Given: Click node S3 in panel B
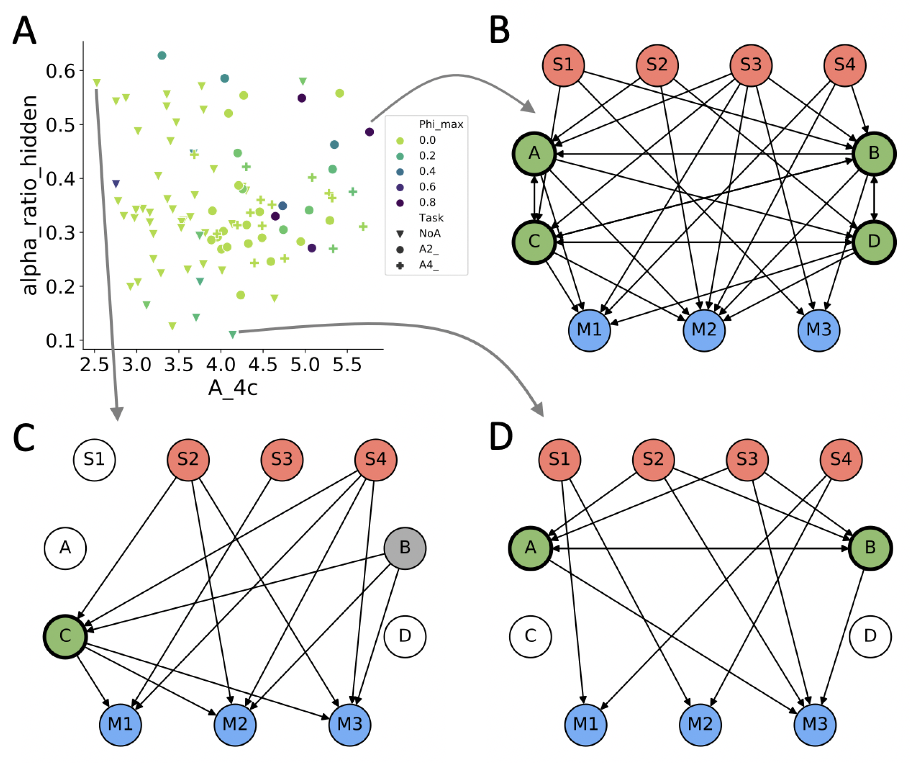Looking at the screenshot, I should [751, 65].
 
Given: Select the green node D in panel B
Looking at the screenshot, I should [874, 242].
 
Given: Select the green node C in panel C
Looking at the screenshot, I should [65, 636].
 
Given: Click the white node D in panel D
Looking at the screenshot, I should [870, 636].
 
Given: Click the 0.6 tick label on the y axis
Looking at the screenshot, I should [61, 71].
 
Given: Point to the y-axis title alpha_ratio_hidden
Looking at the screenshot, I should [29, 195].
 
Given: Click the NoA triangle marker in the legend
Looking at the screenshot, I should [400, 234].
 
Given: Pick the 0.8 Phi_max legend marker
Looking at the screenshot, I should [400, 203].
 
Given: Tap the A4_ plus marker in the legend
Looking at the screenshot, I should [400, 265].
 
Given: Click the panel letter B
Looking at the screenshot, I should [500, 31].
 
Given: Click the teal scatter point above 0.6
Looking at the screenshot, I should [162, 56].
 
